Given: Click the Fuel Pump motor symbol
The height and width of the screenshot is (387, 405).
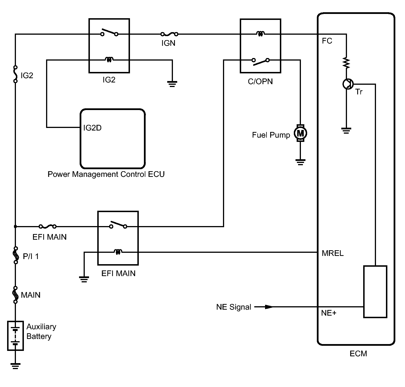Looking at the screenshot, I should [300, 133].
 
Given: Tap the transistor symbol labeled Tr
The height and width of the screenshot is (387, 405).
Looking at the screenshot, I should [347, 84].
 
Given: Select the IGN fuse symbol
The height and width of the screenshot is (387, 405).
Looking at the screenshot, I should [169, 34].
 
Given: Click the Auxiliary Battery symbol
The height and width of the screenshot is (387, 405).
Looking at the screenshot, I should [15, 336].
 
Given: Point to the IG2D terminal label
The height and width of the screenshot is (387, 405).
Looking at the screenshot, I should [92, 128].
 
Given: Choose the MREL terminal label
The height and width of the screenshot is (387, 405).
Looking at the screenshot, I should [332, 253].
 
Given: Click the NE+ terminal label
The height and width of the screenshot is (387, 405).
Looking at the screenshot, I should [328, 313].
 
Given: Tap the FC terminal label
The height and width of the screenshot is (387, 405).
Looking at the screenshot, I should [327, 41].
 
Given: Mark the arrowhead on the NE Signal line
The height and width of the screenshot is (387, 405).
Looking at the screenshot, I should [268, 307].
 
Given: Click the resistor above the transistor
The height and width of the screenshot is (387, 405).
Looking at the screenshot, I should [346, 63].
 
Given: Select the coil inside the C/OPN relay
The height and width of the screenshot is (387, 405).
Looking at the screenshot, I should [260, 34].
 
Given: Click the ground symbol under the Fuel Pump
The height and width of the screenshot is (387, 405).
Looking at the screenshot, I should [300, 162].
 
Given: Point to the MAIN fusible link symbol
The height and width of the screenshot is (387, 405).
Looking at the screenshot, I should [16, 295].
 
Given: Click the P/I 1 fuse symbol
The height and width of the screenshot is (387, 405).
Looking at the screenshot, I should [16, 255].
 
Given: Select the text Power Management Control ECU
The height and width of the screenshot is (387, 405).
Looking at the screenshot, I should [106, 174].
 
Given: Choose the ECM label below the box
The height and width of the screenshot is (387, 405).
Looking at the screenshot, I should [358, 354].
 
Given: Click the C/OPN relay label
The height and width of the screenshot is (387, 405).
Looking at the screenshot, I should [260, 82].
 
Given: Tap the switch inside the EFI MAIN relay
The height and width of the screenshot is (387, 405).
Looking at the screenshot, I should [118, 225].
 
